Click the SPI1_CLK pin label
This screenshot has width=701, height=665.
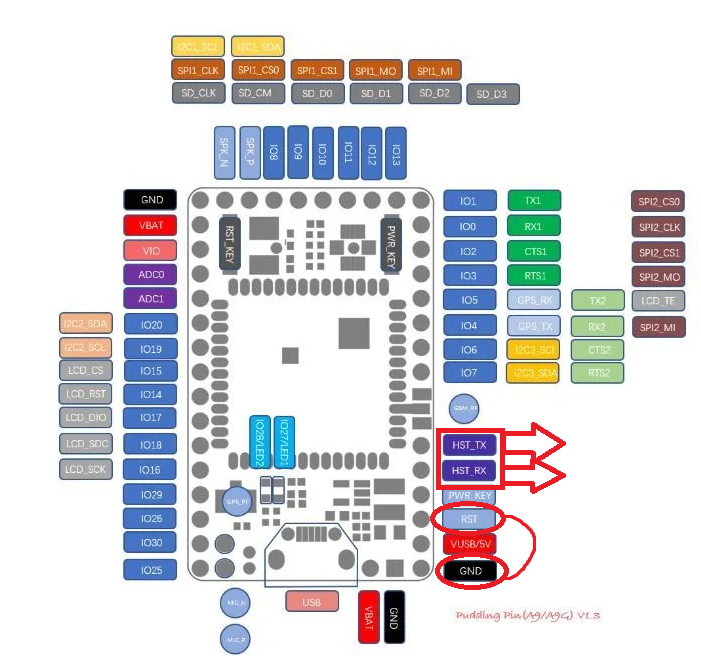197,71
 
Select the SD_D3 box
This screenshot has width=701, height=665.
493,94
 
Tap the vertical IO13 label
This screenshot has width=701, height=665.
395,153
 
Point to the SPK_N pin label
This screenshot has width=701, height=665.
224,153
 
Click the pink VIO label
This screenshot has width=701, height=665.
150,250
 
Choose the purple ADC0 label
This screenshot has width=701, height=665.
150,274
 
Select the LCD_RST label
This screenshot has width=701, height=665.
85,394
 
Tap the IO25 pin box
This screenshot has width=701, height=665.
150,569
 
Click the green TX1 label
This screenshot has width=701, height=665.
534,201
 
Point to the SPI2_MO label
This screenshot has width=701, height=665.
658,276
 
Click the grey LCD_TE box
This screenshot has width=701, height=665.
658,300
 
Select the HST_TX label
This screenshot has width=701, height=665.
467,444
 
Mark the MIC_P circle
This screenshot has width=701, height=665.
233,638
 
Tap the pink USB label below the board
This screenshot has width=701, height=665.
311,601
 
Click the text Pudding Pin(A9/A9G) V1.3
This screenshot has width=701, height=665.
527,617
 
